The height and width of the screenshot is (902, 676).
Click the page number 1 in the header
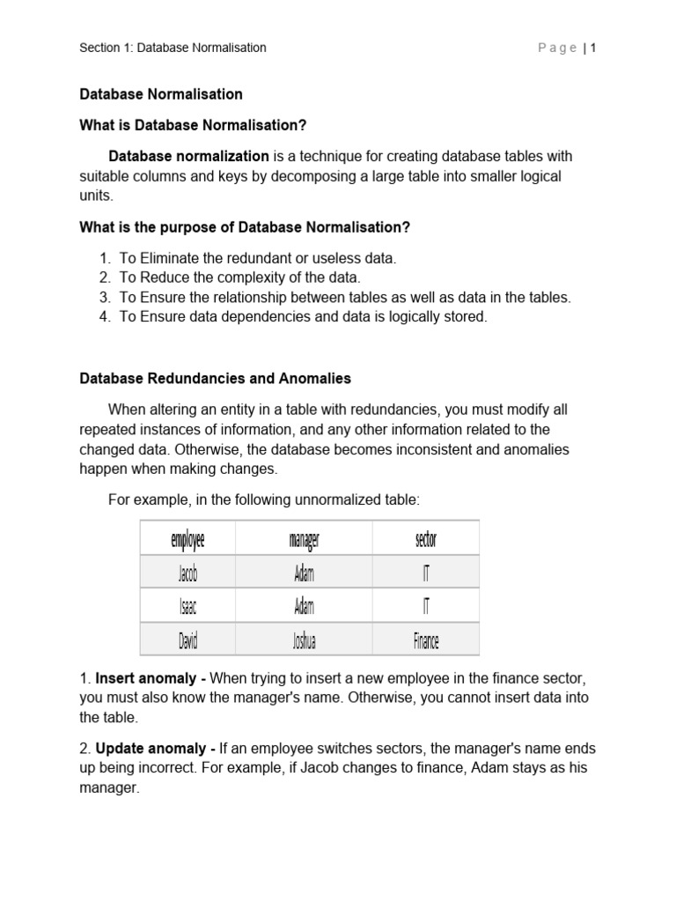coord(594,48)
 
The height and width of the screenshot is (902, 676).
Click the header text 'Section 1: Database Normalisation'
coord(173,48)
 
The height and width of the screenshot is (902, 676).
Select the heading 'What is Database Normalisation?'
coord(193,125)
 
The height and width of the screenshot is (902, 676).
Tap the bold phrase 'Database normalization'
coord(188,156)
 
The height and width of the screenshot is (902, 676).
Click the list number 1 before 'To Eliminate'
coord(104,258)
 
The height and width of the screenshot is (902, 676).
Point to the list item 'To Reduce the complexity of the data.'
coord(240,277)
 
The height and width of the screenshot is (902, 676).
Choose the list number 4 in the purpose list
coord(104,316)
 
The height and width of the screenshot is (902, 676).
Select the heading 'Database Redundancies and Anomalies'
coord(215,378)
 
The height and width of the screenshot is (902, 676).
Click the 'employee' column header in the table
coord(187,538)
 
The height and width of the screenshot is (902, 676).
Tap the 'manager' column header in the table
coord(304,538)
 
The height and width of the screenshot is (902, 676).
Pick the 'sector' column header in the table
coord(425,538)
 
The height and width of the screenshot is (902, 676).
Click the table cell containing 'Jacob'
coord(187,573)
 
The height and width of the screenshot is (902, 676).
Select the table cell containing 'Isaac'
coord(187,607)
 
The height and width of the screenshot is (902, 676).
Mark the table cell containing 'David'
coord(187,640)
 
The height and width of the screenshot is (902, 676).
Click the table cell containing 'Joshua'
coord(304,640)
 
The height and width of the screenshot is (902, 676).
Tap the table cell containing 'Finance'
coord(425,640)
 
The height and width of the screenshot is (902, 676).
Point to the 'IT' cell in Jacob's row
coord(425,573)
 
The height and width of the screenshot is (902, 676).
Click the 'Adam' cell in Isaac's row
coord(304,607)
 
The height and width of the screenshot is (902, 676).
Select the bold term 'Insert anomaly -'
coord(151,679)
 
